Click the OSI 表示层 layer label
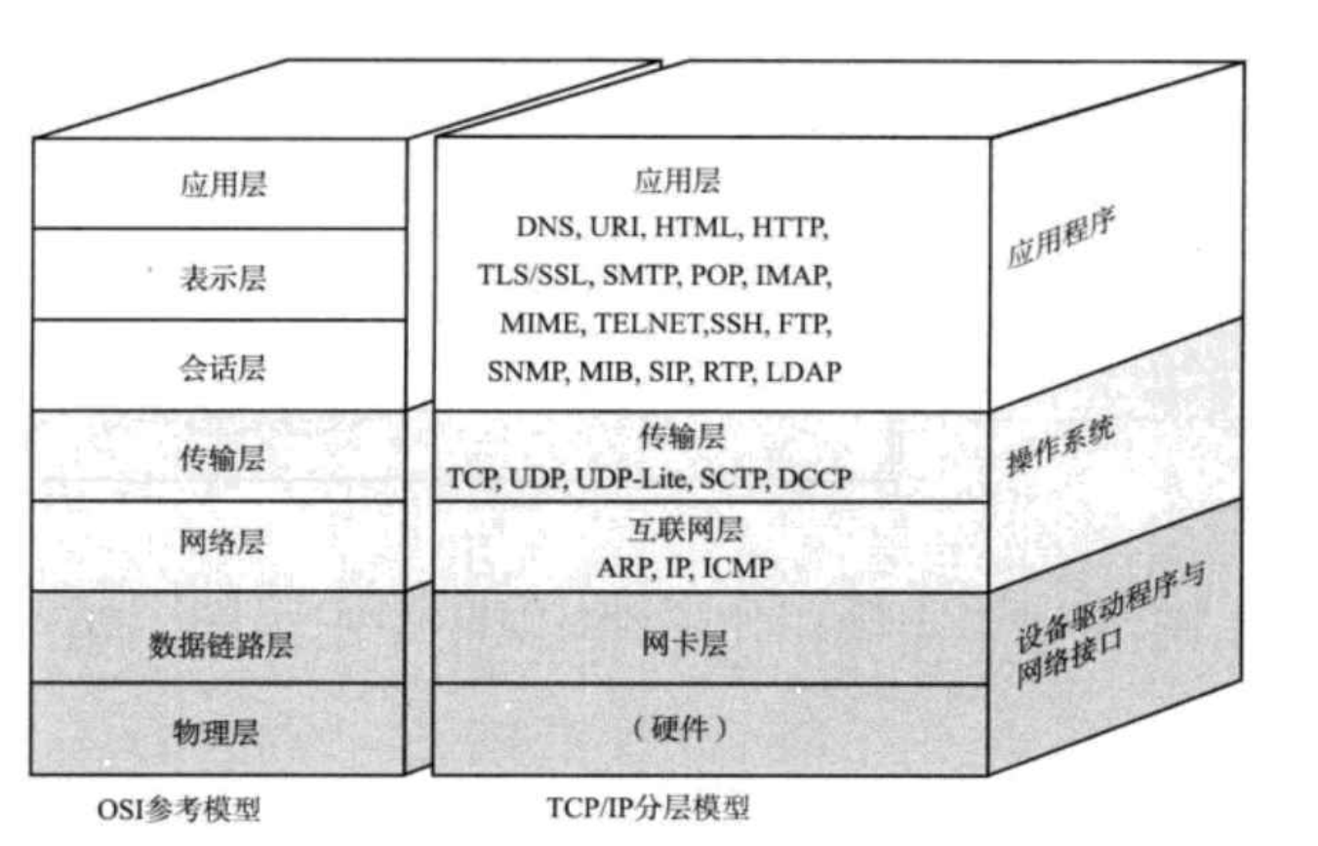222,278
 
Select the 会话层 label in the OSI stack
222,368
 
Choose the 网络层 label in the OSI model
221,542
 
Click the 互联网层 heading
682,529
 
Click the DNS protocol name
544,229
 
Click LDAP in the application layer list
803,371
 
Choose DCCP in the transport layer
816,478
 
